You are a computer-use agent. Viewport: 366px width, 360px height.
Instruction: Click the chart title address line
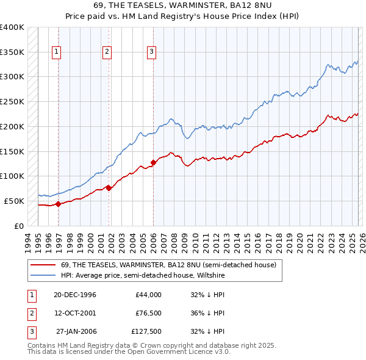[x=183, y=5]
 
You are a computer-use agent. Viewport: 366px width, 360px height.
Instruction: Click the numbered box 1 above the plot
[x=56, y=52]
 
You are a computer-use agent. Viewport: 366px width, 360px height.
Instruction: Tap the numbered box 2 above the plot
[x=107, y=52]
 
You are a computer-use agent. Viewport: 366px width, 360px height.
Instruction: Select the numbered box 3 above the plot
[x=151, y=52]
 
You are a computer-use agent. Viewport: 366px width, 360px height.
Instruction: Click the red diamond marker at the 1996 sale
[x=59, y=204]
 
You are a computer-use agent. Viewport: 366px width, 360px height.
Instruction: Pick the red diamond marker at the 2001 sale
[x=109, y=188]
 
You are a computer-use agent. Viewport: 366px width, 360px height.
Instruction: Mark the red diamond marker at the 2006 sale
[x=153, y=162]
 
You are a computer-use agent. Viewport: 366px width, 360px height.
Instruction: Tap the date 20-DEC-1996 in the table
[x=75, y=295]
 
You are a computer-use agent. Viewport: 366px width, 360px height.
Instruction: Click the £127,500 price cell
[x=146, y=332]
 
